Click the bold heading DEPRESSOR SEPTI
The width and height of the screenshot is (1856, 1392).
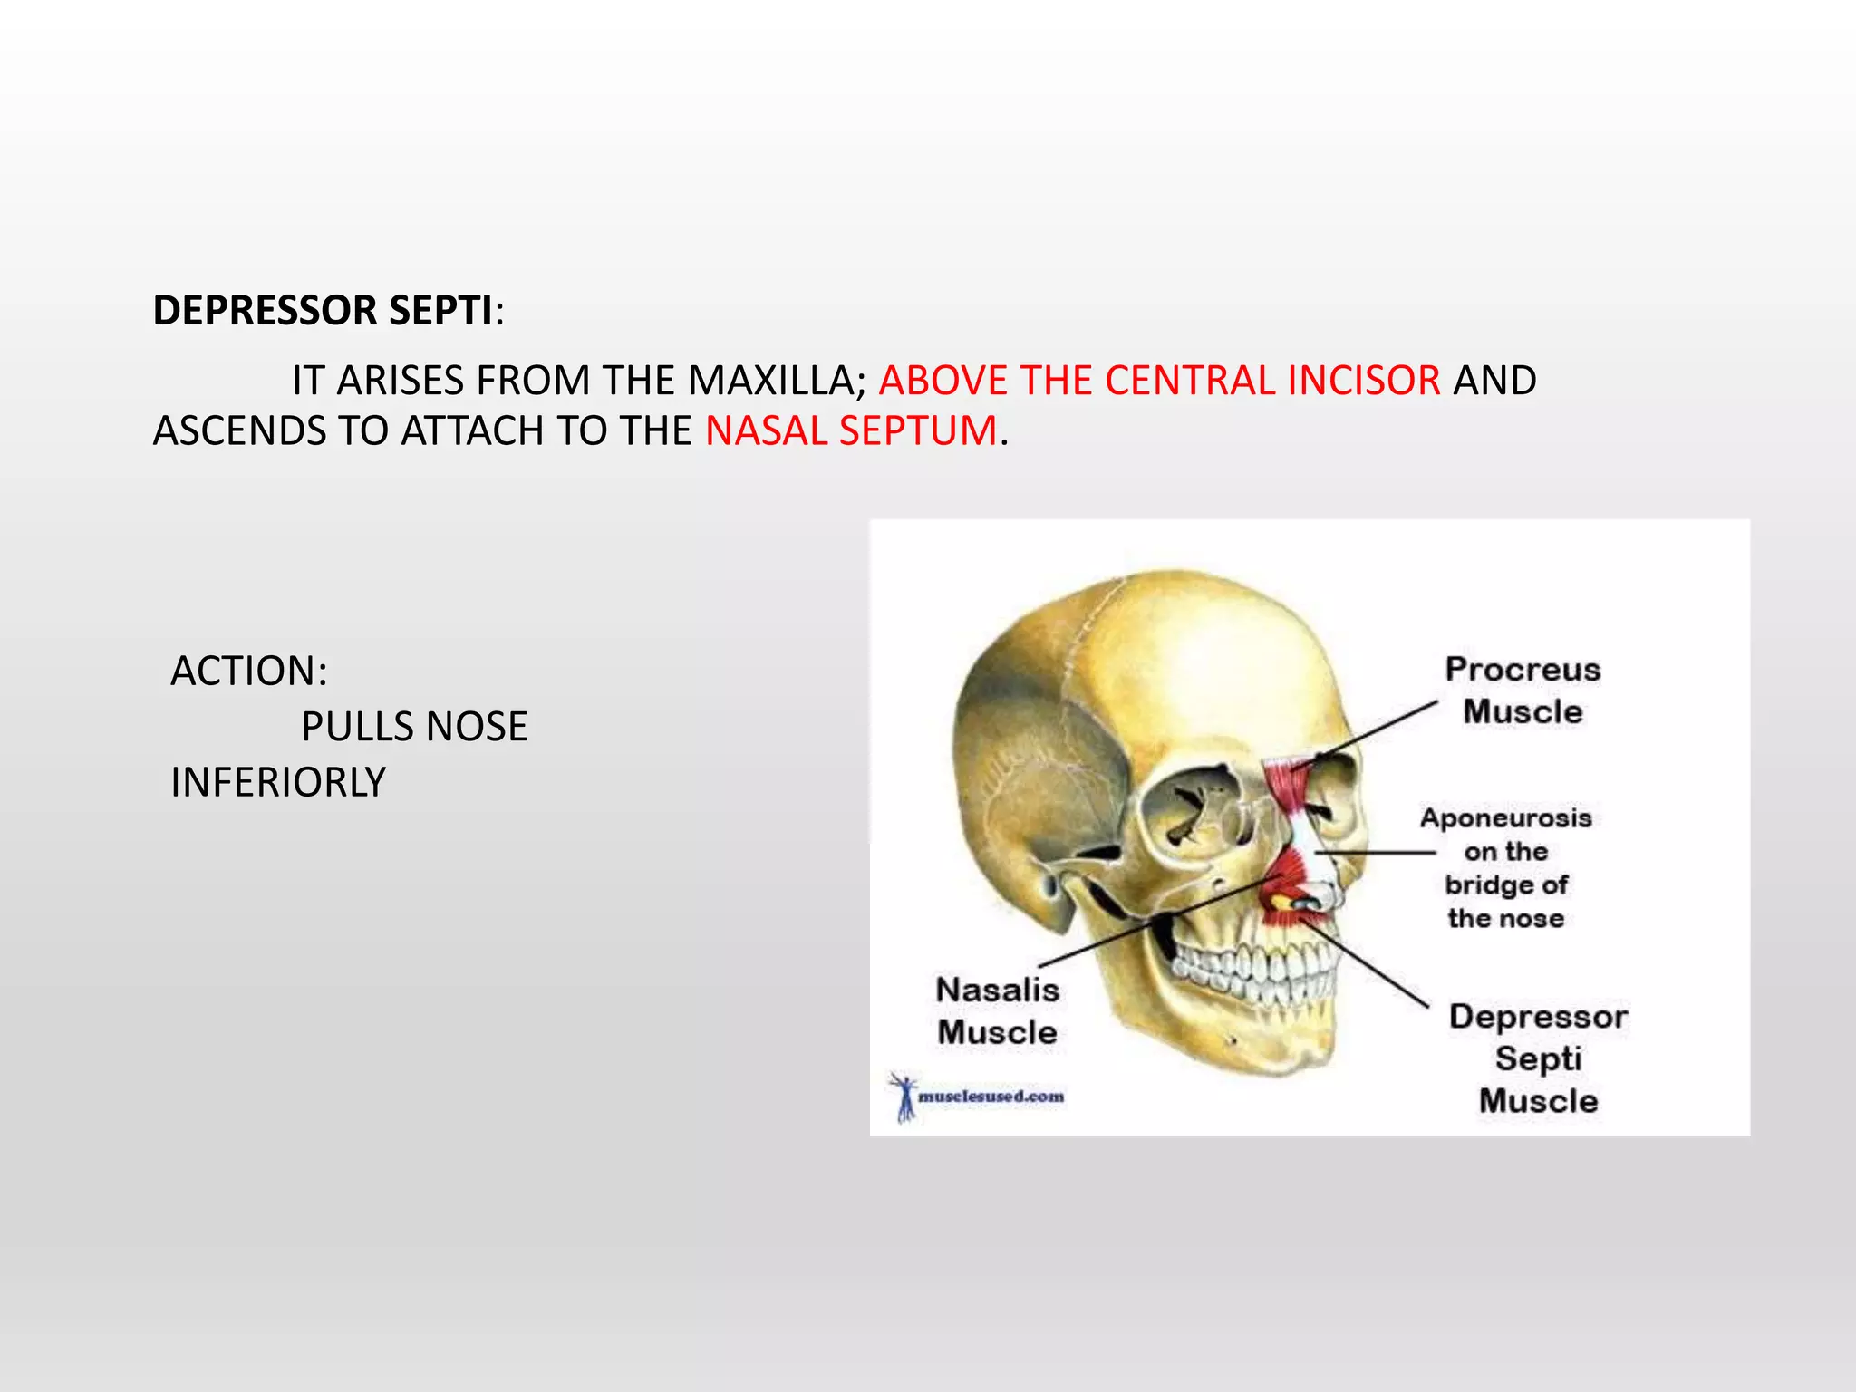click(x=323, y=311)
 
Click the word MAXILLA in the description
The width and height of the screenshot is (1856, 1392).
click(x=770, y=381)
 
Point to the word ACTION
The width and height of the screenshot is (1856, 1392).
click(x=247, y=672)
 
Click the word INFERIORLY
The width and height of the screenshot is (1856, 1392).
click(x=278, y=782)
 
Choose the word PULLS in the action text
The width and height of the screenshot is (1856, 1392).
click(x=356, y=727)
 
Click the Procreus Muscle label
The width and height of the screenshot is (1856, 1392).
click(x=1522, y=691)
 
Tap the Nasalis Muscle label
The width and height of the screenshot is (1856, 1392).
click(x=997, y=1010)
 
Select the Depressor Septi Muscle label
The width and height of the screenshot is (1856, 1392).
click(x=1538, y=1058)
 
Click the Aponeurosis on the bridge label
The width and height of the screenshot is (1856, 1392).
click(x=1505, y=867)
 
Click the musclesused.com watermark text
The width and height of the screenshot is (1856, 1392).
click(x=991, y=1097)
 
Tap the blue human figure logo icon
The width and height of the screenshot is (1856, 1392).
click(x=904, y=1097)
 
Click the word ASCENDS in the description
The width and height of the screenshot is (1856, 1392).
click(x=239, y=430)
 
